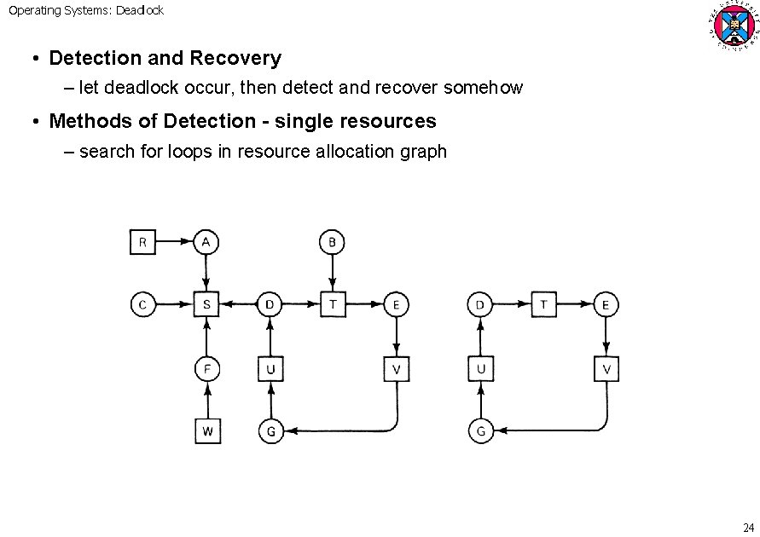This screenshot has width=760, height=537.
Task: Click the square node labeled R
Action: click(x=142, y=242)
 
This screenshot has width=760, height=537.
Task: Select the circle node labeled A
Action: click(x=206, y=242)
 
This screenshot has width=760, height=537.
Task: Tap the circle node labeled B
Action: click(x=332, y=242)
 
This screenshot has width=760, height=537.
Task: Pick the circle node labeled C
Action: click(x=142, y=304)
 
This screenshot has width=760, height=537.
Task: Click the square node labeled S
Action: click(x=206, y=304)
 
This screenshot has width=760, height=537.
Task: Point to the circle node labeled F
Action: click(x=206, y=369)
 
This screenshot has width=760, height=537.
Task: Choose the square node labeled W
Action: click(x=206, y=431)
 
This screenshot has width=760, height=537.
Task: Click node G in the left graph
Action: click(x=270, y=431)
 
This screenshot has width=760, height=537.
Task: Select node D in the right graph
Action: click(x=480, y=304)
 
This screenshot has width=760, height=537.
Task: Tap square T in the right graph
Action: click(x=543, y=304)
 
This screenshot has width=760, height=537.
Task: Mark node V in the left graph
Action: click(x=396, y=369)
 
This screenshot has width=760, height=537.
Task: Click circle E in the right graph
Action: click(x=606, y=304)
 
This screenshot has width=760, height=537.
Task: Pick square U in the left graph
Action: click(x=270, y=369)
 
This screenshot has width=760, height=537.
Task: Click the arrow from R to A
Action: click(x=174, y=242)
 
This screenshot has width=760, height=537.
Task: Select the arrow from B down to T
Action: click(x=332, y=273)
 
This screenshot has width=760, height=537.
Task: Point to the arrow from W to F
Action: click(x=206, y=401)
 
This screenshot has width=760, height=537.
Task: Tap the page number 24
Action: click(x=748, y=525)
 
